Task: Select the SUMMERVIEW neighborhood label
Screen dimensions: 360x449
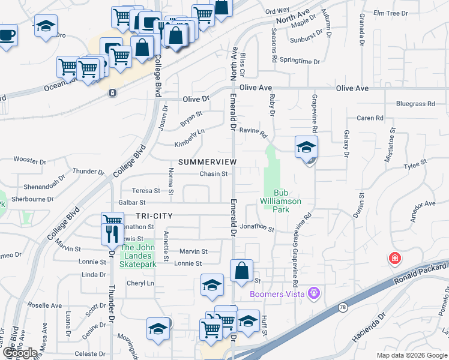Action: point(208,163)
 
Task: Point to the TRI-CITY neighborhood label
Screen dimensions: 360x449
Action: point(154,216)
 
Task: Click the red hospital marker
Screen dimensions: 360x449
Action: point(394,259)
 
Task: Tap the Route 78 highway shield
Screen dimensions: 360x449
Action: point(342,307)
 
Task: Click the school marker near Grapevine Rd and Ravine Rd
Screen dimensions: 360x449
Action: point(306,147)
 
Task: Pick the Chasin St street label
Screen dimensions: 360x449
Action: point(214,174)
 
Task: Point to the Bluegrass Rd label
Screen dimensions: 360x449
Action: point(415,104)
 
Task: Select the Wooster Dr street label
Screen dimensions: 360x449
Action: point(30,161)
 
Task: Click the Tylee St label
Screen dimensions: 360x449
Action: point(415,163)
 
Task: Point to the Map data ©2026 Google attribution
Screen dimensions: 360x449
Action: point(411,356)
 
